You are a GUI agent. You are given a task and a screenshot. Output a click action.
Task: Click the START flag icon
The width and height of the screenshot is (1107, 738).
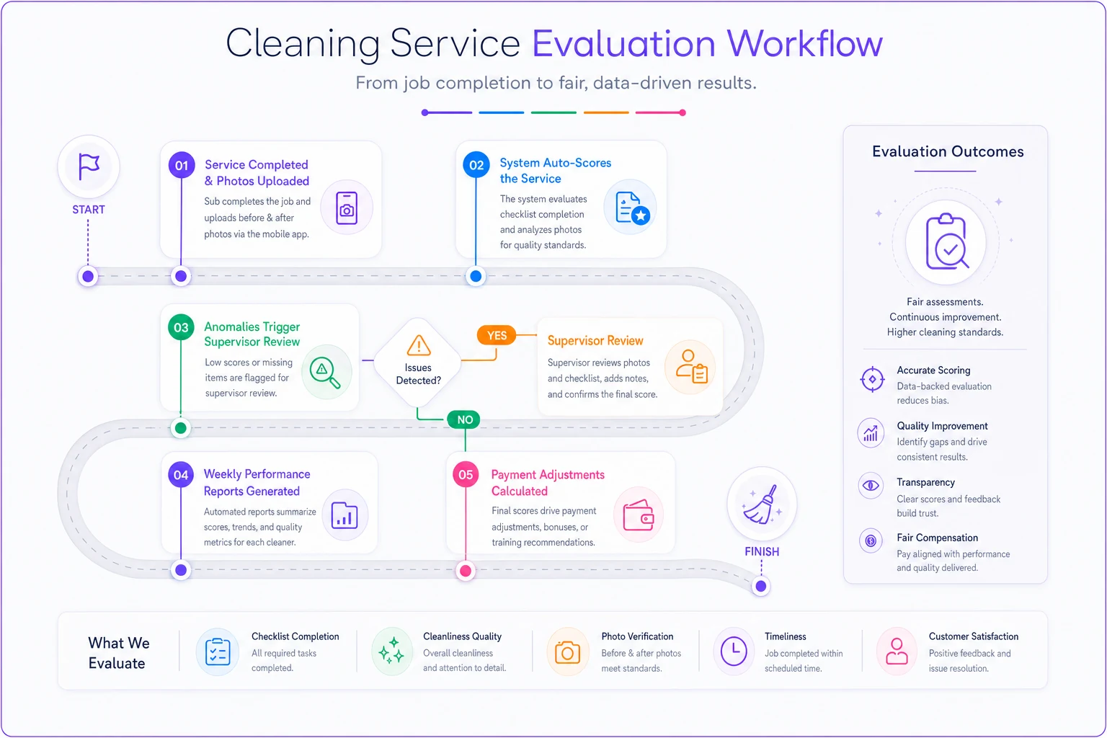pos(89,166)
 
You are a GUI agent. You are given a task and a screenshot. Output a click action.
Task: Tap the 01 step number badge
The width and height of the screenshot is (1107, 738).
pos(182,165)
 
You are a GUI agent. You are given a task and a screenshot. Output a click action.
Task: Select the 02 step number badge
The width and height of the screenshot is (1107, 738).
pos(476,164)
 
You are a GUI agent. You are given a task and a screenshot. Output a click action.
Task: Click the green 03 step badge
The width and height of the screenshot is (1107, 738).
pos(181,327)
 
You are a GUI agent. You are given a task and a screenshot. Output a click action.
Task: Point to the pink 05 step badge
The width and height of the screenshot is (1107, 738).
pos(466,474)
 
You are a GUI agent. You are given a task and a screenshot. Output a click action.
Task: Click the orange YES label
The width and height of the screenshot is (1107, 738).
pos(497,336)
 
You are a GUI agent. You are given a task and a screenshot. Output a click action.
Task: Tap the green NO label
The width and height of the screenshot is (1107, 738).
pos(465,419)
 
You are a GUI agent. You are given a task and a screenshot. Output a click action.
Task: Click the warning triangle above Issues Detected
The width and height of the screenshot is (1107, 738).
pos(419,345)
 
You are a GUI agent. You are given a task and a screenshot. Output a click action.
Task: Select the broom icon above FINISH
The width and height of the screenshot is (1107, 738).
pos(762,504)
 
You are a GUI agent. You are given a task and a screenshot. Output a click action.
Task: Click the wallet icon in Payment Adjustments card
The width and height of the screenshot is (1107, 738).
pos(639,515)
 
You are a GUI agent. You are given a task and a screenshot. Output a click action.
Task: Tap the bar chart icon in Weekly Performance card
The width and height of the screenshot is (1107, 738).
pos(344,515)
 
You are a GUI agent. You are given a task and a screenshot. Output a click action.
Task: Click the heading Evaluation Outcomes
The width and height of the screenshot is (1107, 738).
pos(948,151)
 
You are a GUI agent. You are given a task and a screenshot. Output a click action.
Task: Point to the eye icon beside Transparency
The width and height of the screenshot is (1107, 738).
pos(871,486)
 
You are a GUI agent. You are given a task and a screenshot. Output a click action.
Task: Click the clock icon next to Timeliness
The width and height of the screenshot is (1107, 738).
pos(734,651)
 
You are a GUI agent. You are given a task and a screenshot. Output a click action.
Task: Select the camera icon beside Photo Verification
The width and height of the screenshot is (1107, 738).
pos(567,652)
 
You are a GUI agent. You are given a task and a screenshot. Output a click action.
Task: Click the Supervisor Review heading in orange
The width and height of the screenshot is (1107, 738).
pos(595,341)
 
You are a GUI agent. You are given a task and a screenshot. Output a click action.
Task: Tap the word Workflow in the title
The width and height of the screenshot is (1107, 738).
pos(804,43)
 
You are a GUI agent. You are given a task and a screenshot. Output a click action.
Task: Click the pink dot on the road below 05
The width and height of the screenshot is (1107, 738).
pos(466,571)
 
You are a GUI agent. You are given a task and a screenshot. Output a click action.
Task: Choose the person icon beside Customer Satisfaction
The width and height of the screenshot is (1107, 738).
pos(897,651)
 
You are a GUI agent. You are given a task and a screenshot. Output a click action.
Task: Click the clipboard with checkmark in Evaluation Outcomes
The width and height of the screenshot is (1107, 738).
pos(946,241)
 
